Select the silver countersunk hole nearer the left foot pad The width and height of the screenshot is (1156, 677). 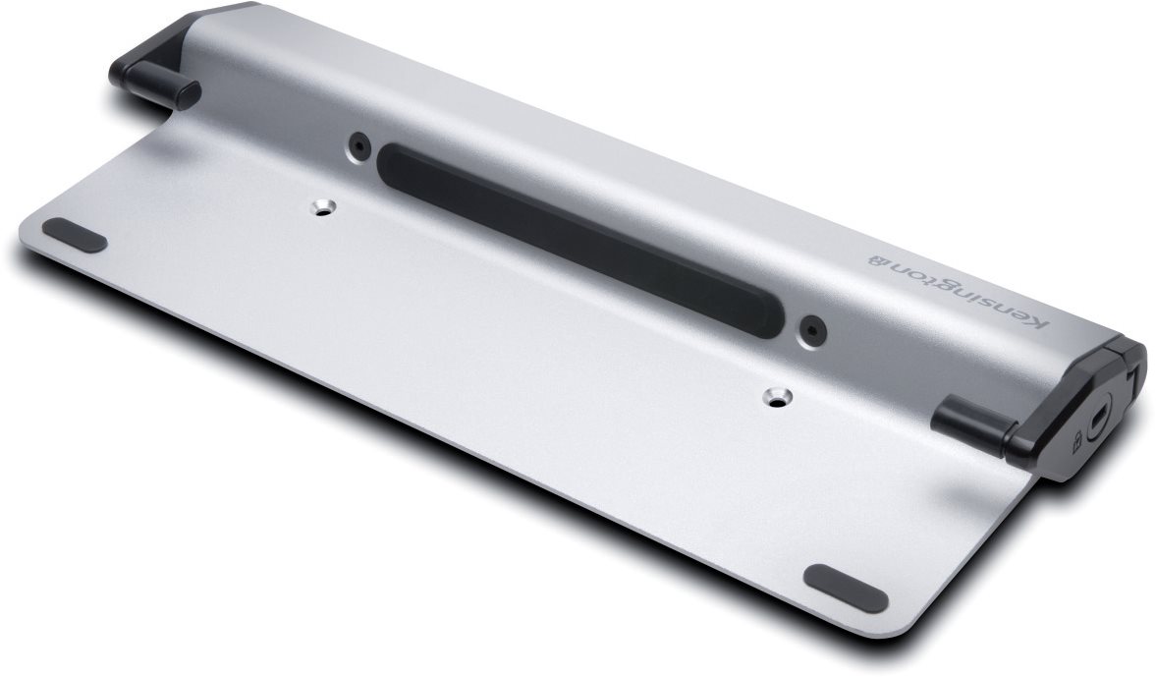(x=322, y=208)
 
